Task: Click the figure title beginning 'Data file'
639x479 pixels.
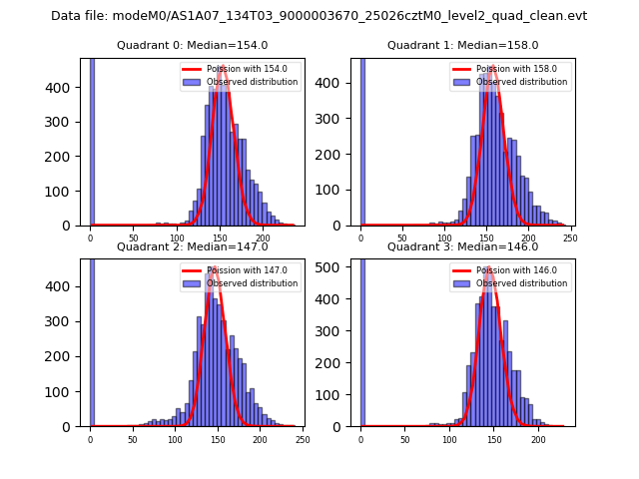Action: click(x=319, y=16)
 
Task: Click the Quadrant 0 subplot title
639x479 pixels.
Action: click(x=192, y=45)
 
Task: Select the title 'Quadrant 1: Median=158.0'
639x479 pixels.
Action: click(x=462, y=45)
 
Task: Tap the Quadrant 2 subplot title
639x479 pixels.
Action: click(x=192, y=246)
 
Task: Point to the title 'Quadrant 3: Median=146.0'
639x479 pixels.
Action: click(x=462, y=246)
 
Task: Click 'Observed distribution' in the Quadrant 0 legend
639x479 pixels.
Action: click(x=252, y=82)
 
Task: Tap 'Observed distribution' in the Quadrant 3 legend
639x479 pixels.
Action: click(x=522, y=283)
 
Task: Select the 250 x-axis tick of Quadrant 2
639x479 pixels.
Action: click(x=303, y=439)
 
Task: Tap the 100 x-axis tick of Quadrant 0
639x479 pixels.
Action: click(x=176, y=239)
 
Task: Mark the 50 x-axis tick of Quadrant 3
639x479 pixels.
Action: click(x=404, y=439)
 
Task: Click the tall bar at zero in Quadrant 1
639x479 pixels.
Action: click(x=361, y=140)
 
